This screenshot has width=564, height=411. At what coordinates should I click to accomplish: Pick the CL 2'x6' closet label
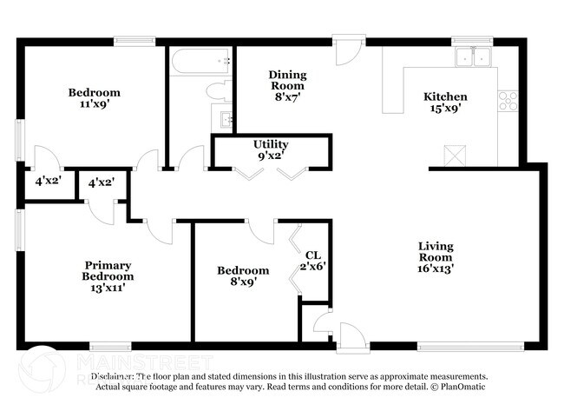[x=312, y=260]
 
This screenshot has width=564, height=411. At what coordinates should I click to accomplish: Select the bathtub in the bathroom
[x=200, y=62]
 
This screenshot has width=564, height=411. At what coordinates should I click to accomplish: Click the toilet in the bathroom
[x=218, y=90]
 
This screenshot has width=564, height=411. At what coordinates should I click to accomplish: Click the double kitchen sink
[x=473, y=57]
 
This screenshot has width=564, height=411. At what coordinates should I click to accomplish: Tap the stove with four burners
[x=508, y=101]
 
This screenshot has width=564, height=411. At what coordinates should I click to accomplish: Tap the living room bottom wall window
[x=469, y=346]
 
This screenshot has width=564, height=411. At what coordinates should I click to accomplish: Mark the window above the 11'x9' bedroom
[x=134, y=40]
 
